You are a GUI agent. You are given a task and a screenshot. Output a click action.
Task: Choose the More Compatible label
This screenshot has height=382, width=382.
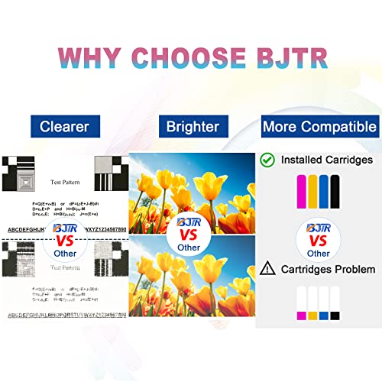point(319,125)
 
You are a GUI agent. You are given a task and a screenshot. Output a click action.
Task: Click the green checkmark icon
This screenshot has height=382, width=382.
point(267,160)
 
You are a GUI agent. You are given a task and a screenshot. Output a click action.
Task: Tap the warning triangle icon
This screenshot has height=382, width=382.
point(267,269)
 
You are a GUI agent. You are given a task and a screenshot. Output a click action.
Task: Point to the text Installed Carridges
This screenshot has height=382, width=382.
point(326,160)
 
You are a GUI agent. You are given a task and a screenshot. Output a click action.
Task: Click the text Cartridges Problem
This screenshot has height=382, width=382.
point(326,270)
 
